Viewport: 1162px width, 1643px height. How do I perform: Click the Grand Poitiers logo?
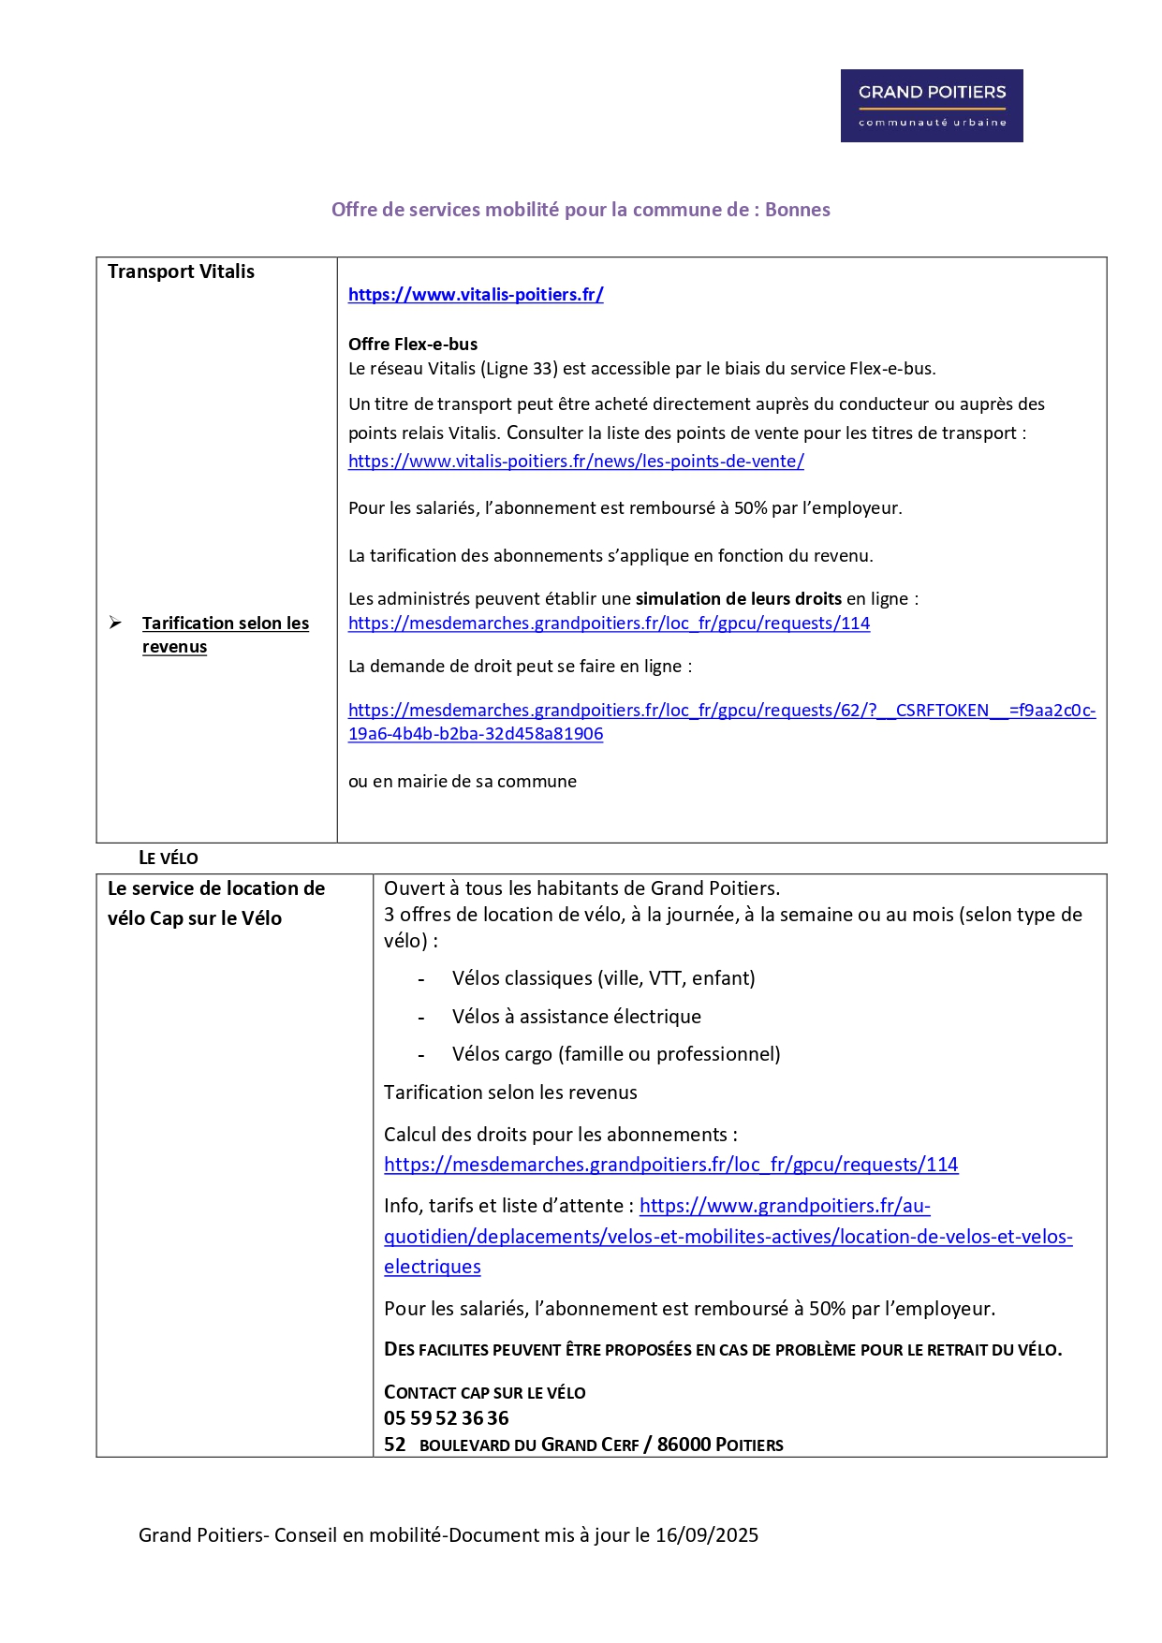[931, 106]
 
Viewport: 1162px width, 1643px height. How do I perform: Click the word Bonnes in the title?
[797, 210]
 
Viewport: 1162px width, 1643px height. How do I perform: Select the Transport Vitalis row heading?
[181, 271]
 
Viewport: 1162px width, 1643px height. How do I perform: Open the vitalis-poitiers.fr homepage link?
[476, 295]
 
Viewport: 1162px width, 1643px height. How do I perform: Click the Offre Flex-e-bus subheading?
[413, 345]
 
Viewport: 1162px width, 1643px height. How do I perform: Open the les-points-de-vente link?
[576, 462]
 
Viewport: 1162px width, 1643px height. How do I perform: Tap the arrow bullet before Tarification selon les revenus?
[115, 623]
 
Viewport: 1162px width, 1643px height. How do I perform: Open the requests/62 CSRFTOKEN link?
[721, 711]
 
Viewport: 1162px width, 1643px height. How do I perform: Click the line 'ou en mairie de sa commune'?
[463, 782]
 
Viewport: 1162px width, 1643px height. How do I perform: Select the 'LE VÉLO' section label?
[169, 858]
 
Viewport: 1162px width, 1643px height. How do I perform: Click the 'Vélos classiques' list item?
[603, 978]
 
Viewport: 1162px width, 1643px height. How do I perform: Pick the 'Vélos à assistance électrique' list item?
[576, 1017]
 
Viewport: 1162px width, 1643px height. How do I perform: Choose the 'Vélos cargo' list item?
[615, 1054]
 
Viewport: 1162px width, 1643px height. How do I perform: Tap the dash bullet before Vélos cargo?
[421, 1055]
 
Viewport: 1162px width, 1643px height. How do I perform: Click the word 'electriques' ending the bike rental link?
[432, 1267]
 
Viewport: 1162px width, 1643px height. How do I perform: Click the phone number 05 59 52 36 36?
[447, 1418]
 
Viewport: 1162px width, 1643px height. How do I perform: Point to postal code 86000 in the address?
[684, 1445]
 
